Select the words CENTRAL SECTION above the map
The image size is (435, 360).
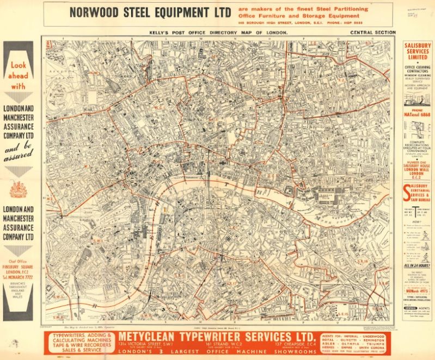[x=373, y=33]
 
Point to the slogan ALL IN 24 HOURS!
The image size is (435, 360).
[x=416, y=265]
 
